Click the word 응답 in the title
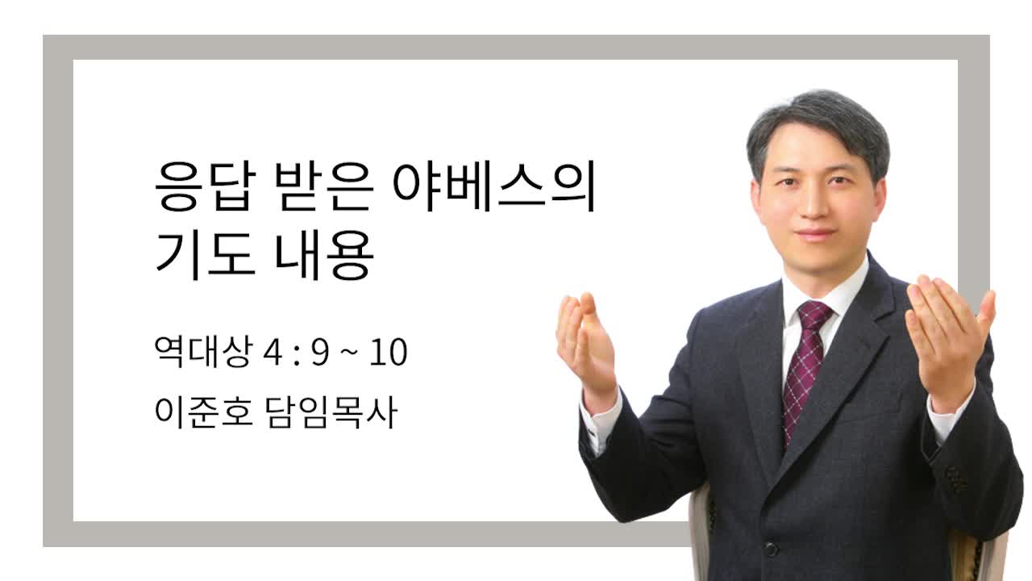(x=205, y=186)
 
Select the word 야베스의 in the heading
(x=495, y=186)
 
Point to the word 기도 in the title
(x=205, y=255)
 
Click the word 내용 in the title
(x=324, y=255)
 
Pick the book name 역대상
(x=204, y=351)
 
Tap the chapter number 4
(x=272, y=353)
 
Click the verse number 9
(x=321, y=353)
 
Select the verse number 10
(x=389, y=353)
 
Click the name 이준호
(x=204, y=412)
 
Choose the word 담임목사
(x=331, y=412)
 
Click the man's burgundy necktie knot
(x=814, y=316)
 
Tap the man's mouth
(x=815, y=235)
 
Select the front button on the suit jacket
(x=772, y=549)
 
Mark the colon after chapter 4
(x=296, y=354)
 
